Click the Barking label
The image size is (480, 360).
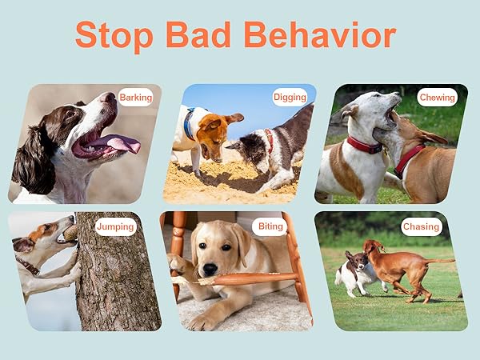pyautogui.click(x=135, y=98)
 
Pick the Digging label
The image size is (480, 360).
pyautogui.click(x=290, y=97)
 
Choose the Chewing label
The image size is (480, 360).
pyautogui.click(x=438, y=98)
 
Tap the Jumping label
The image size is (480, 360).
pyautogui.click(x=115, y=226)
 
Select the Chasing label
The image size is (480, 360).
pyautogui.click(x=422, y=226)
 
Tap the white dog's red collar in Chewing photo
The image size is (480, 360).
pyautogui.click(x=364, y=146)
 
